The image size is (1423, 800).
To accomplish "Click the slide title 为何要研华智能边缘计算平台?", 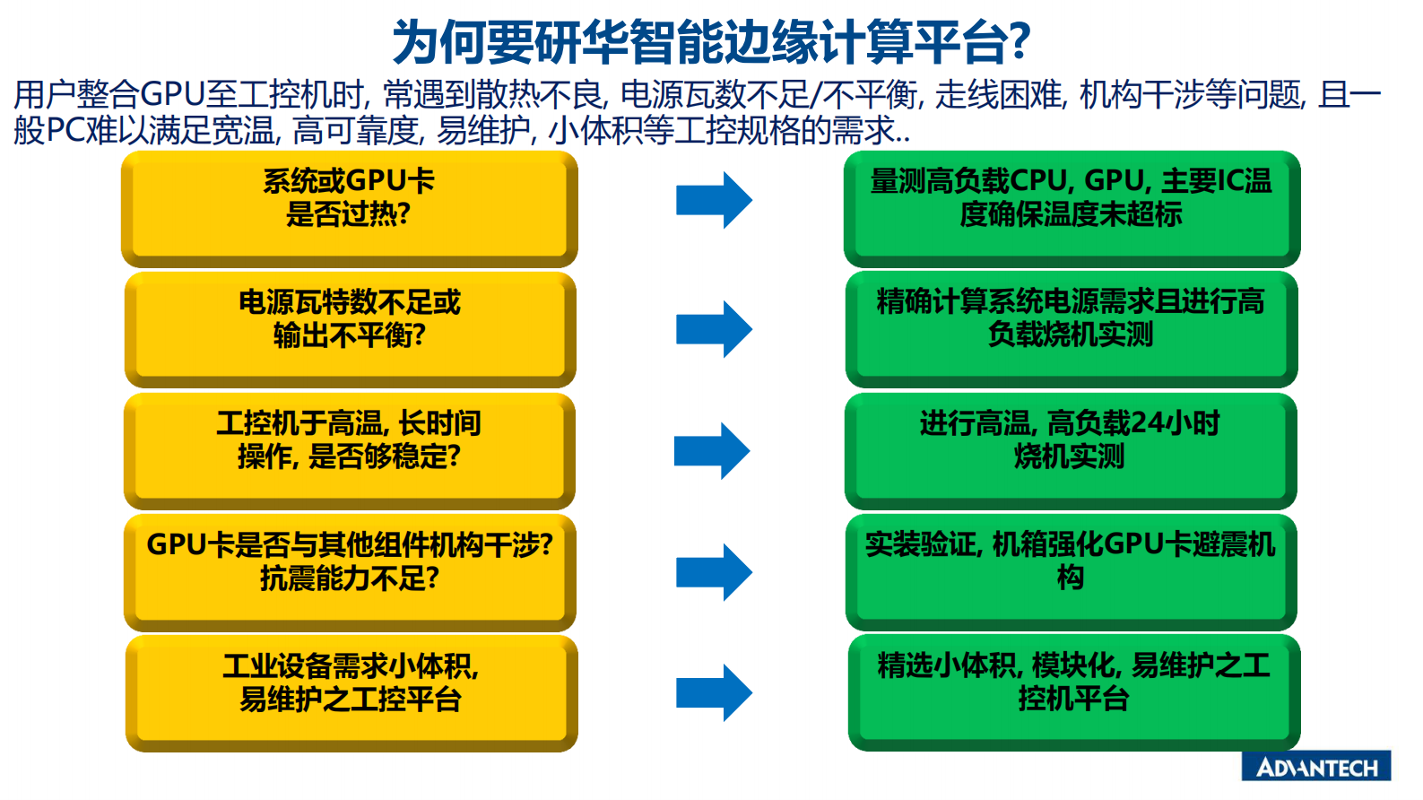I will click(x=711, y=41).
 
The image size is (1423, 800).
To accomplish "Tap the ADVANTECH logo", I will click(x=1315, y=767).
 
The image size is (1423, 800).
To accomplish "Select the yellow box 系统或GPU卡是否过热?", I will click(x=349, y=208).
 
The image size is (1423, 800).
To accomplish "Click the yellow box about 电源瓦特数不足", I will click(x=350, y=328).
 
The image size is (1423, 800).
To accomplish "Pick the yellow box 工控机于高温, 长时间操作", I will click(x=349, y=450).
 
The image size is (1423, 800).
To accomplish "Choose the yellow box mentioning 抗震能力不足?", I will click(x=350, y=571).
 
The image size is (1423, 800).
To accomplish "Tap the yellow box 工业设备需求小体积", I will click(x=351, y=692).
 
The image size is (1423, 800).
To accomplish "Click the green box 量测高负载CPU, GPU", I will click(x=1072, y=208).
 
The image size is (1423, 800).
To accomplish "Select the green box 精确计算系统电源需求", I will click(x=1072, y=328).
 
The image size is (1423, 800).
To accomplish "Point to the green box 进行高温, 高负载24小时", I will click(x=1071, y=450).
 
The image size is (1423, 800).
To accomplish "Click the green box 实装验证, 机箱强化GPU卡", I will click(x=1071, y=571).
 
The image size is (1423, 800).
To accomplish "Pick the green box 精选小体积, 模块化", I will click(x=1073, y=692).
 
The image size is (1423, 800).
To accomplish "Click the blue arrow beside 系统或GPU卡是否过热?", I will click(x=714, y=200).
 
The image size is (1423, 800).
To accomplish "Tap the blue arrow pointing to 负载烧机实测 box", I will click(x=714, y=329).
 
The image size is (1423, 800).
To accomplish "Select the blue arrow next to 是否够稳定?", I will click(x=712, y=450).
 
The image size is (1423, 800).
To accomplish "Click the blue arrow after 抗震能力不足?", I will click(x=714, y=571).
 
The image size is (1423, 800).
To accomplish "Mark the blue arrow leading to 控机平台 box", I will click(x=714, y=692).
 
